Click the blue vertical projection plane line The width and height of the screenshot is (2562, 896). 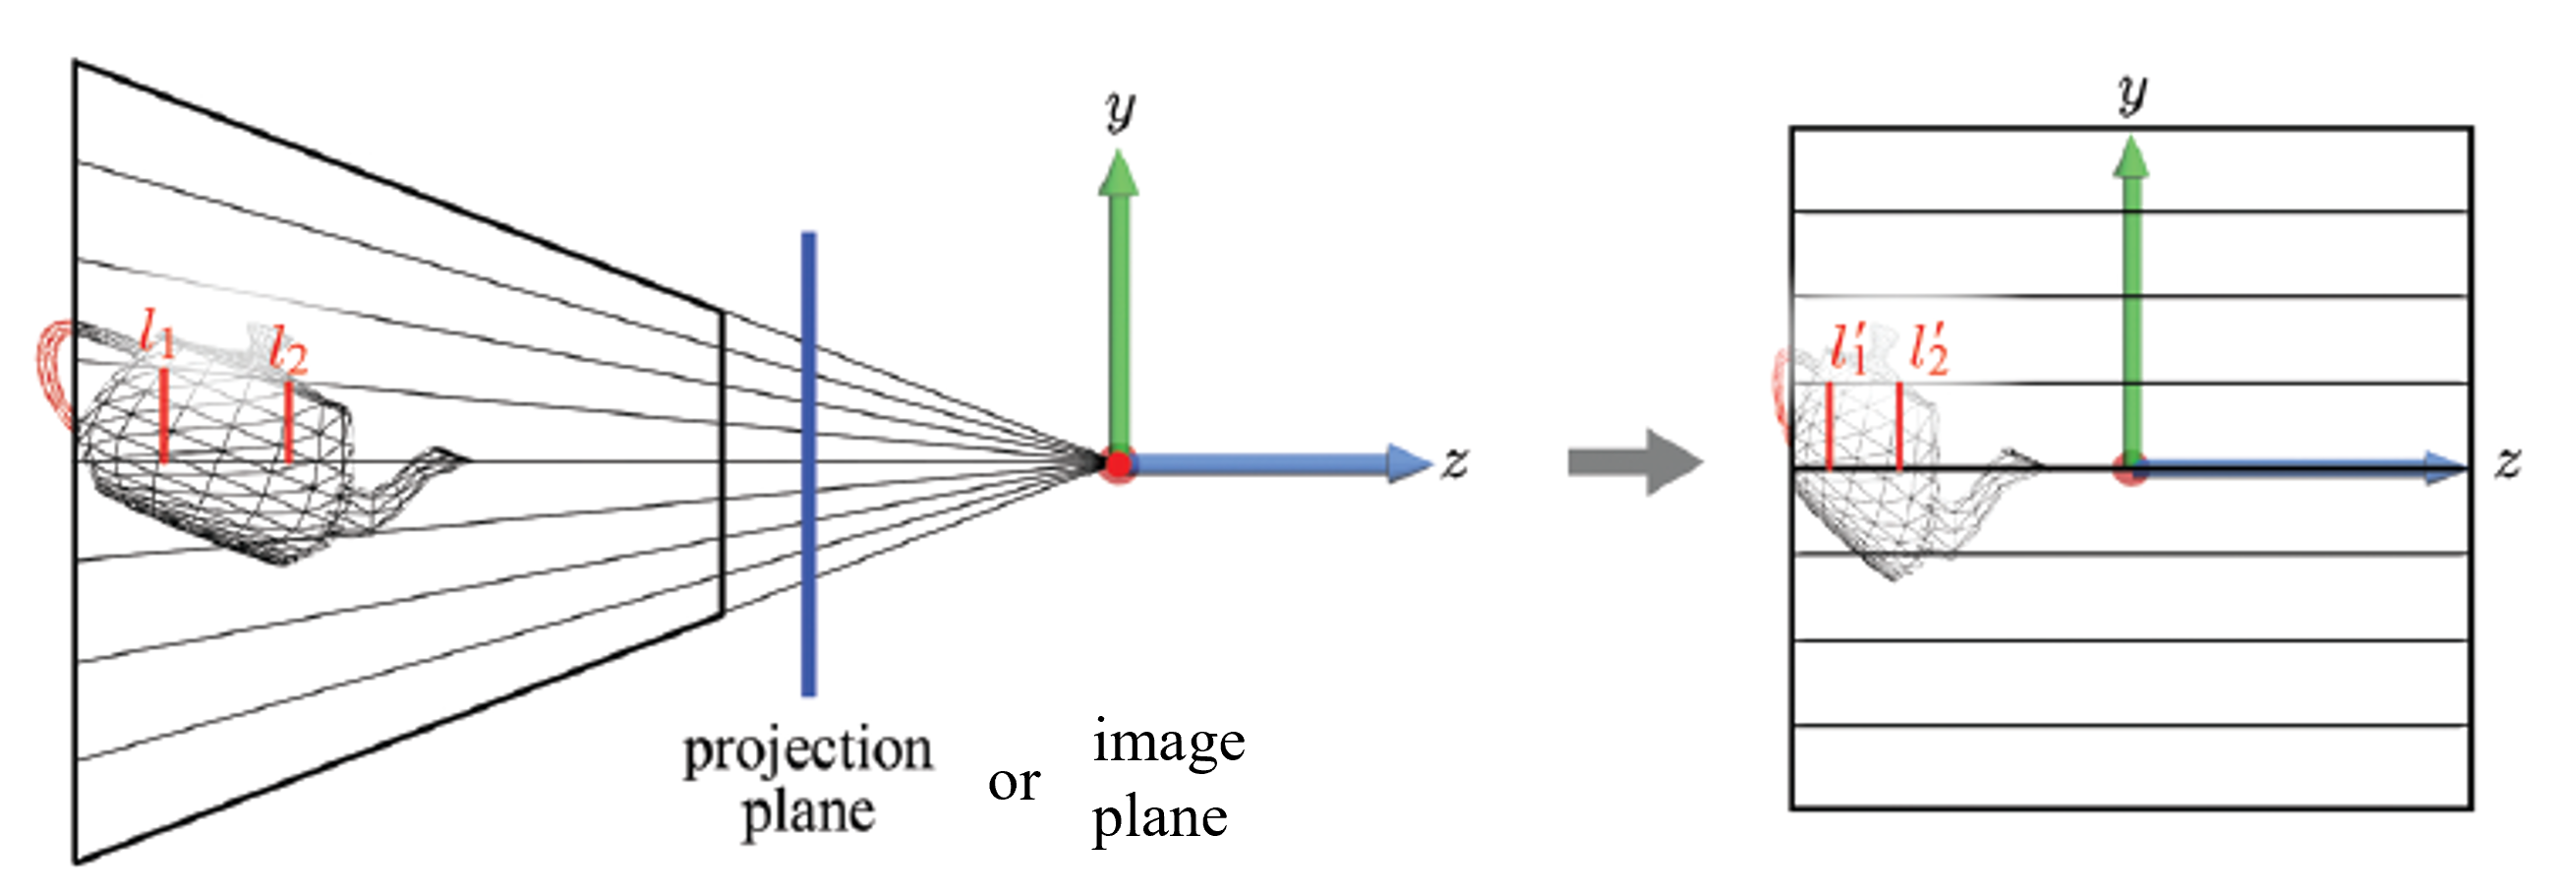coord(808,463)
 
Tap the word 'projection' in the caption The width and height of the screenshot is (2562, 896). coord(807,749)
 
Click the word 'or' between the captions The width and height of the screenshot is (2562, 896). coord(1014,783)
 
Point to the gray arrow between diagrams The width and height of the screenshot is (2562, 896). coord(1634,462)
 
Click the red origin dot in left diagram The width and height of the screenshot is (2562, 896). coord(1119,464)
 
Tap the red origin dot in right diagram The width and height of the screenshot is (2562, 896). coord(2129,469)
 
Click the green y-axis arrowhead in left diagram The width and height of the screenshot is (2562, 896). coord(1119,173)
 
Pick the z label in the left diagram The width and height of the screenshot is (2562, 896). coord(1455,463)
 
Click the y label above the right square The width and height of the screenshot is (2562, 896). coord(2131,94)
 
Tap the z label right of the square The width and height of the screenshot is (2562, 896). coord(2508,463)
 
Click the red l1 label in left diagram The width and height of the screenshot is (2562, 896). coord(156,333)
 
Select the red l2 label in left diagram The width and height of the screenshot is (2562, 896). coord(288,350)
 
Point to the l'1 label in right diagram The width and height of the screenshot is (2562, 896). coord(1849,348)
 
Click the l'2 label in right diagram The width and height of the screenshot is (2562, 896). coord(1930,349)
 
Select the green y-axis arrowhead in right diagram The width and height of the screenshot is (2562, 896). coord(2130,159)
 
